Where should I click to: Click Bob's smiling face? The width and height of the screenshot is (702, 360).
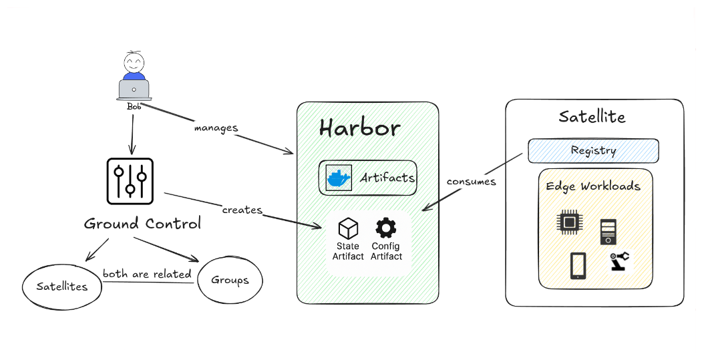click(134, 64)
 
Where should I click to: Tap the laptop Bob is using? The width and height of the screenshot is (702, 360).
click(134, 89)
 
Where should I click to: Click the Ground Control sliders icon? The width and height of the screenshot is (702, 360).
click(130, 181)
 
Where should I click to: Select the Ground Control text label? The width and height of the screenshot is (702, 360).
click(142, 224)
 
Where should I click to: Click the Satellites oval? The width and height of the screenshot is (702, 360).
click(61, 286)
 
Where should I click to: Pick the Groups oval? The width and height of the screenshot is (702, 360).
click(230, 280)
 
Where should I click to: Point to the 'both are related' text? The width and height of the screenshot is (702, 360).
click(147, 274)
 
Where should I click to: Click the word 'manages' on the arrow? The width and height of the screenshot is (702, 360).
click(216, 127)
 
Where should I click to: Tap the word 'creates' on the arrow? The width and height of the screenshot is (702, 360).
click(242, 210)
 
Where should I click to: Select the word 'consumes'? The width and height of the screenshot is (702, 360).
click(472, 181)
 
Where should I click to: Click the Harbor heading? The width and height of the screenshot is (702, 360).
click(359, 128)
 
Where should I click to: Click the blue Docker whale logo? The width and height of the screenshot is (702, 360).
click(338, 178)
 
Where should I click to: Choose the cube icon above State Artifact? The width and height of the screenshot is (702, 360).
click(348, 228)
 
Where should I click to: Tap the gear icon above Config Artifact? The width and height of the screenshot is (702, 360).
click(385, 228)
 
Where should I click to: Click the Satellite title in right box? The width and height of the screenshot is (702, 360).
click(592, 117)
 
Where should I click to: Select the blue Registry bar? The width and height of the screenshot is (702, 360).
click(593, 150)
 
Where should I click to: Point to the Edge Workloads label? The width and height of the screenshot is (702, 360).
click(593, 186)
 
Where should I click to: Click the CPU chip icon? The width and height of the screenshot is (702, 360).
click(569, 222)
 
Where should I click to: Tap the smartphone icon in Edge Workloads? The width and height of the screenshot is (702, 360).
click(578, 265)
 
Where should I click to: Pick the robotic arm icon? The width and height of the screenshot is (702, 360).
click(619, 260)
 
